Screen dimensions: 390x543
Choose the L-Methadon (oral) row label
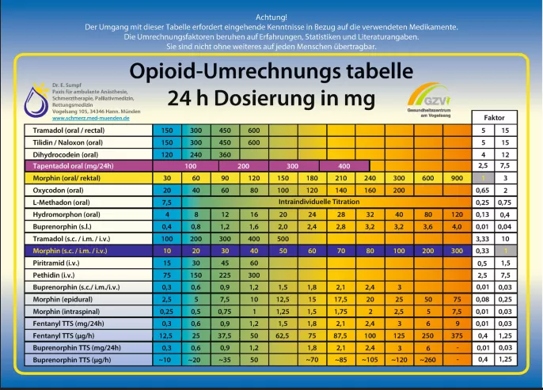pos(59,202)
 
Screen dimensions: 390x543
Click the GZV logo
pos(433,100)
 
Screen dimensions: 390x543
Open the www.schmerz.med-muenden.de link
pos(85,118)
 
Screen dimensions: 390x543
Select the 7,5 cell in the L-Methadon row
pos(166,202)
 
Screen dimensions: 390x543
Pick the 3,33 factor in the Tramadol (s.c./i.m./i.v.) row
pos(482,237)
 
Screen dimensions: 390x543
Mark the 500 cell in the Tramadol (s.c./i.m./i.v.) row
pos(283,237)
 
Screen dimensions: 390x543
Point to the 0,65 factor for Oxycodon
pos(482,190)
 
